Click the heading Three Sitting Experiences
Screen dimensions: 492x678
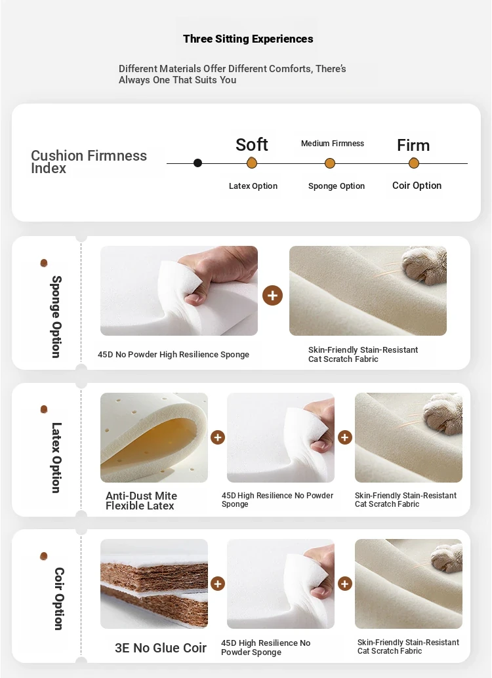[248, 39]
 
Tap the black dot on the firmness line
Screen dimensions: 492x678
[197, 163]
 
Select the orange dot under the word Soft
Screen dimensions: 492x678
[252, 163]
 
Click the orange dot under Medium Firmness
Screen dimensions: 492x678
[330, 163]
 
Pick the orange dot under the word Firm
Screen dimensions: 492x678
[414, 163]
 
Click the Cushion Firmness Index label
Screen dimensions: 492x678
[89, 162]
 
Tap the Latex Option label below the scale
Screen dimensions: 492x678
[253, 186]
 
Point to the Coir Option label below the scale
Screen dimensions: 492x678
[417, 186]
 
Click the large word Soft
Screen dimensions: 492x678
[252, 144]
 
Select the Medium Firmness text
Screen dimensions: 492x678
[333, 144]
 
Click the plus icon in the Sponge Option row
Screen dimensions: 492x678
[273, 295]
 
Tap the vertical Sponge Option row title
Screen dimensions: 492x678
[56, 317]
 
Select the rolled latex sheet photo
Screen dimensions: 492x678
[154, 437]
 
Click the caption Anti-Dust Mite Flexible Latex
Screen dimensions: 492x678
[141, 501]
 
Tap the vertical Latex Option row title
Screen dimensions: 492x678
[56, 458]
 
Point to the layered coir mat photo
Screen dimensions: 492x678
[154, 584]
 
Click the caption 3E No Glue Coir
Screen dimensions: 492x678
[161, 648]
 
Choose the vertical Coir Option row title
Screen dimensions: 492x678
[59, 599]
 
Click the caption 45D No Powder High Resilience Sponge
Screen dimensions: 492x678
[174, 355]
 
